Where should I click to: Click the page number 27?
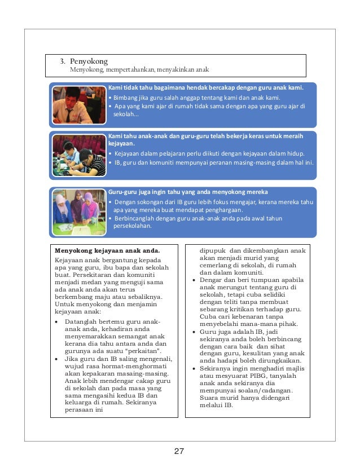point(179,452)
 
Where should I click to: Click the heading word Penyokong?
point(89,60)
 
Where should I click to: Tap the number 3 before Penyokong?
point(63,60)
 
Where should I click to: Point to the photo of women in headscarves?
point(78,208)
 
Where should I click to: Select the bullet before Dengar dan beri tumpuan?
point(195,280)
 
